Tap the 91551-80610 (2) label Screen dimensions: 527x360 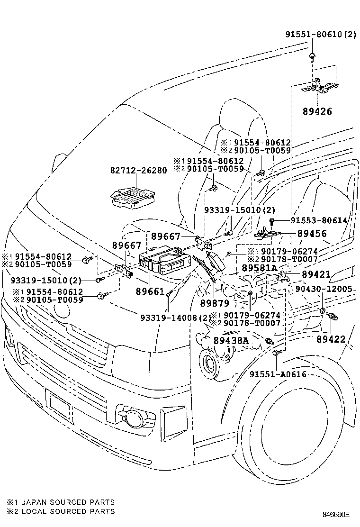(x=320, y=35)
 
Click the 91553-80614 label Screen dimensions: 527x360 (x=319, y=220)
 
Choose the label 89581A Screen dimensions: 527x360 (x=259, y=268)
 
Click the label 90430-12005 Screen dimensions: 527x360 (x=324, y=289)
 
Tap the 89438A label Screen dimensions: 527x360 (x=231, y=340)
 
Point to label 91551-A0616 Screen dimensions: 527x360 (x=278, y=374)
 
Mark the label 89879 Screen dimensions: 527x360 (x=215, y=302)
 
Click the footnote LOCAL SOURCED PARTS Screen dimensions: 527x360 (x=68, y=511)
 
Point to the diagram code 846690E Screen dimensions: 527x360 (x=336, y=514)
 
